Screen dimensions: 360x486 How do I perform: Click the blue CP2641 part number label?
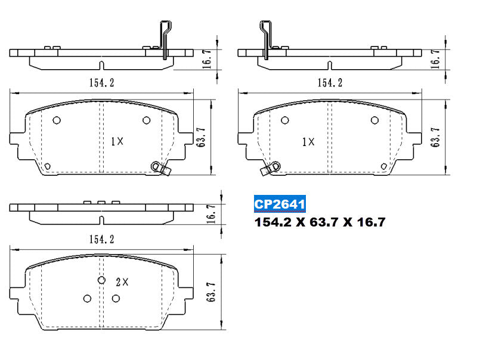[x=280, y=204]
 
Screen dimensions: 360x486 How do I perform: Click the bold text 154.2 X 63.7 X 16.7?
[x=320, y=222]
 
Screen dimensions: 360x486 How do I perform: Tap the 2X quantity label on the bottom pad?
[x=122, y=282]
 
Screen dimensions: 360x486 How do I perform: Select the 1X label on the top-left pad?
[x=117, y=141]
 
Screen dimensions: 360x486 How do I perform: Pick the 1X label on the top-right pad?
[x=308, y=142]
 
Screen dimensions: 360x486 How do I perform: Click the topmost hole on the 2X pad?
[x=101, y=280]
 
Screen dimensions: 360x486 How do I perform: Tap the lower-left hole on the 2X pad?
[x=87, y=299]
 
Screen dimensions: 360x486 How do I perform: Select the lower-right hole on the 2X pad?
[x=116, y=299]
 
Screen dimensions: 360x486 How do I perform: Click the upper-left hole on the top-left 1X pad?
[x=57, y=120]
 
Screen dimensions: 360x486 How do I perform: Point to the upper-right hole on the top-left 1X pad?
[x=146, y=120]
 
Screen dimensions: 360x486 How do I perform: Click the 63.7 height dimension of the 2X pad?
[x=211, y=292]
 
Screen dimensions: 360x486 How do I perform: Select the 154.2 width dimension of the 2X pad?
[x=101, y=240]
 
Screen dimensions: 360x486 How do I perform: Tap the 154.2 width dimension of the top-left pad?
[x=102, y=83]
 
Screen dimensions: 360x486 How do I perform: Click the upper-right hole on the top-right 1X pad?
[x=374, y=120]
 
